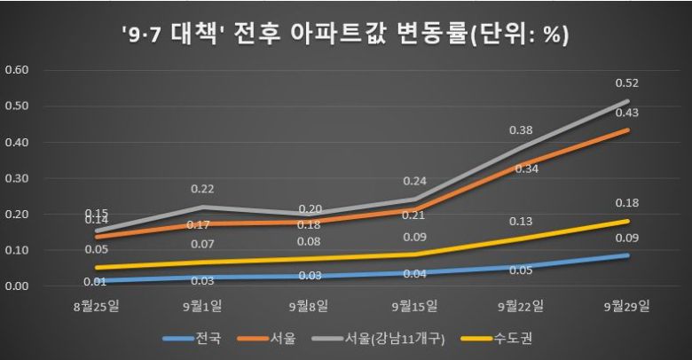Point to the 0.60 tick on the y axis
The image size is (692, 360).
pyautogui.click(x=18, y=70)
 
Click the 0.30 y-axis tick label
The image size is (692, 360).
pyautogui.click(x=18, y=178)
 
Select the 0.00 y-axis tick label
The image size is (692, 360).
pyautogui.click(x=18, y=286)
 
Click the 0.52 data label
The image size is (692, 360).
pyautogui.click(x=627, y=83)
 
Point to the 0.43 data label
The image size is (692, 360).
pyautogui.click(x=627, y=113)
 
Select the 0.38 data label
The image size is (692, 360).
pyautogui.click(x=521, y=129)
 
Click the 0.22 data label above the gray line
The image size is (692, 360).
pyautogui.click(x=201, y=189)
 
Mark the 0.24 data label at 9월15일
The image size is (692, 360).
pyautogui.click(x=415, y=181)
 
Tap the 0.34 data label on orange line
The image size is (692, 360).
pyautogui.click(x=521, y=168)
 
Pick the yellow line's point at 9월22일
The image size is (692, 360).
pyautogui.click(x=522, y=239)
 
